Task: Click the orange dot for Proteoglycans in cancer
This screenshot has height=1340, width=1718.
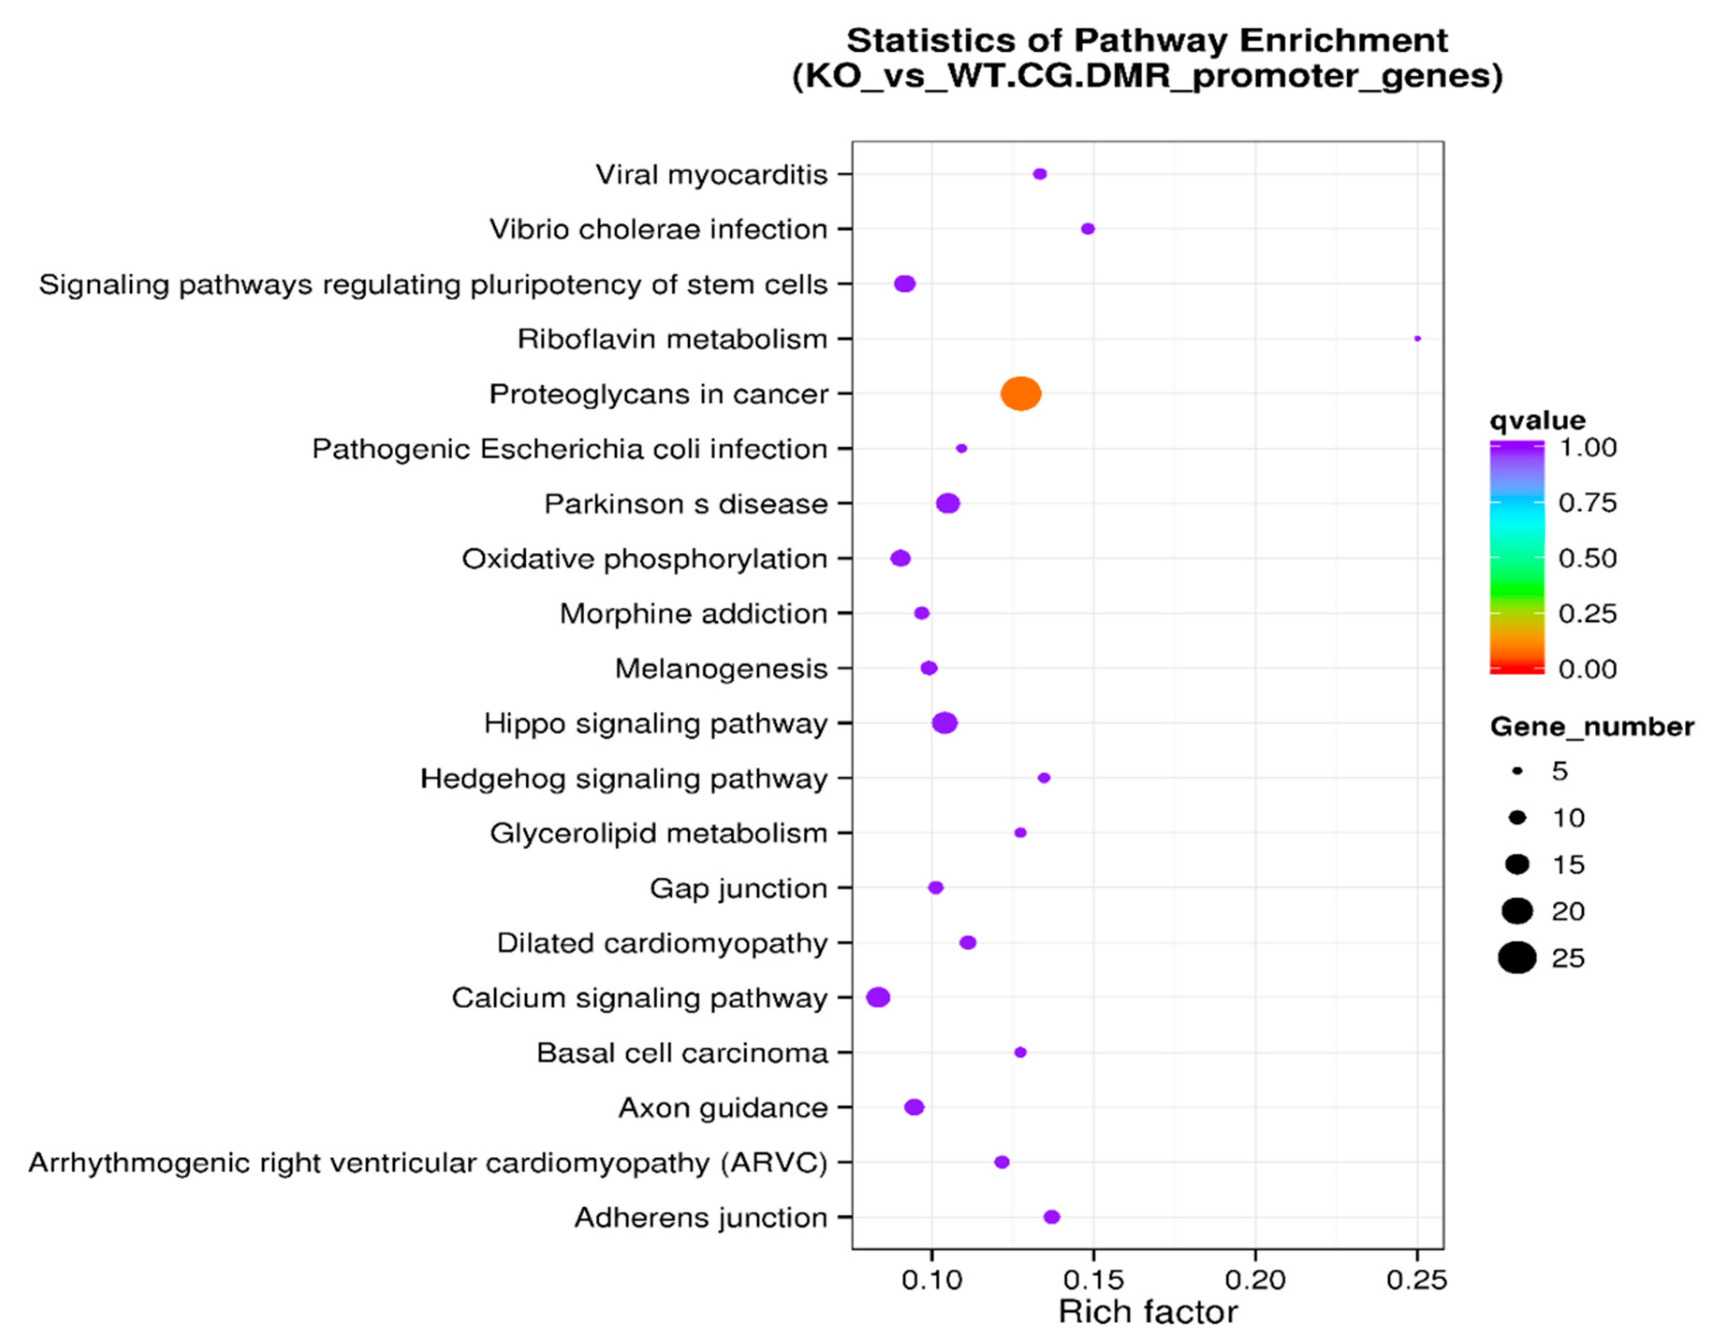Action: tap(1020, 393)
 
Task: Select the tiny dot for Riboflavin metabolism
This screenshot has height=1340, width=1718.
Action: tap(1417, 338)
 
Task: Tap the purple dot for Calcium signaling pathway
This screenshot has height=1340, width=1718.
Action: tap(878, 997)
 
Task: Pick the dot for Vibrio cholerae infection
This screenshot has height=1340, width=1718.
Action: tap(1088, 229)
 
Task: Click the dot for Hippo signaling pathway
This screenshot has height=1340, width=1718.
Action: tap(944, 723)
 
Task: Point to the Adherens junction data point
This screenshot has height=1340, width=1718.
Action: tap(1052, 1216)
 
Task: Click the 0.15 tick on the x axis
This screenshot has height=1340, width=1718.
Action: tap(1094, 1280)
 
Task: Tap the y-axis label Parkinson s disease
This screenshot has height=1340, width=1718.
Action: tap(686, 504)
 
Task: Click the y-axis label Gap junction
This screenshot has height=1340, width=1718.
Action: tap(738, 888)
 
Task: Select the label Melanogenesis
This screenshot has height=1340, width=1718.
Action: tap(720, 668)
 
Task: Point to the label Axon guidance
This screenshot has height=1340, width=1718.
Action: tap(723, 1107)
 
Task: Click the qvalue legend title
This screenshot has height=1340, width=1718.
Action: tap(1537, 420)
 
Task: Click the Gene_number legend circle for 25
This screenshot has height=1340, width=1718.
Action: tap(1516, 958)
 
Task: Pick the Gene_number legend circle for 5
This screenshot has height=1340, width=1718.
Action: tap(1516, 772)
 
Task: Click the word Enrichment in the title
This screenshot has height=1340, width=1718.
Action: tap(1344, 41)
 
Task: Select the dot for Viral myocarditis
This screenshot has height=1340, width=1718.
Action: tap(1039, 174)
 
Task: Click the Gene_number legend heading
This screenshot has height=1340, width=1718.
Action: tap(1591, 727)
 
